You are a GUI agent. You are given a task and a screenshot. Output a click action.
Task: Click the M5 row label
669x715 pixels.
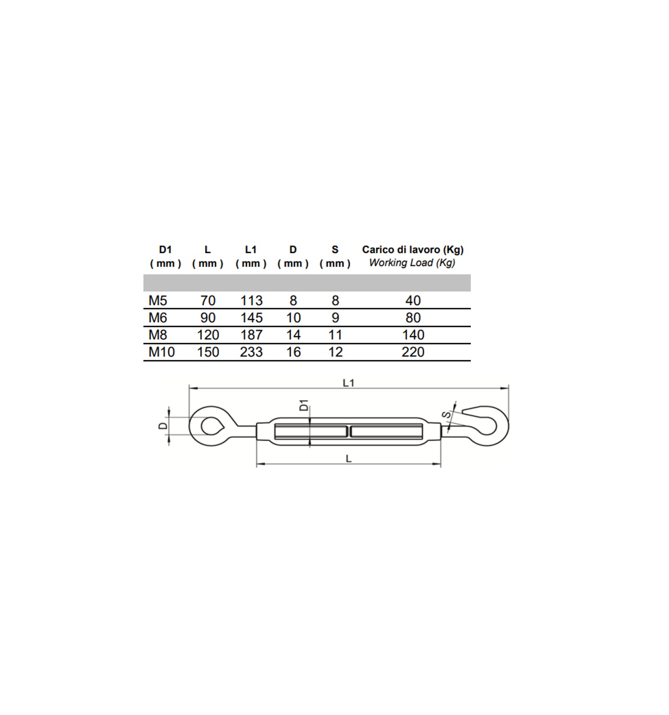pos(158,300)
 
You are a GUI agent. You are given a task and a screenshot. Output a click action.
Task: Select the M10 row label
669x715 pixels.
pos(161,352)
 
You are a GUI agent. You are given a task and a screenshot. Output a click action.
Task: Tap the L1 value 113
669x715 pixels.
pos(251,300)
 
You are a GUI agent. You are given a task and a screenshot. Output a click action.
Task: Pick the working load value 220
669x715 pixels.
pos(413,352)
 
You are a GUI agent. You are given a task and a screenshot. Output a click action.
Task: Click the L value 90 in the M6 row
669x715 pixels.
pos(208,317)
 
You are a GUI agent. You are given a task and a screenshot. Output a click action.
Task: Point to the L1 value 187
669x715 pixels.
pos(251,335)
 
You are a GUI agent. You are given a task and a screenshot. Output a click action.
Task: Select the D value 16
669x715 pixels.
pos(293,352)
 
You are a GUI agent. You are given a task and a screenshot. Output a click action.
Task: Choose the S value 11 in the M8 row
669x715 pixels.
pos(335,335)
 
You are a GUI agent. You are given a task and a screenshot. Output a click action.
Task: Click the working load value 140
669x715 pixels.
pos(413,335)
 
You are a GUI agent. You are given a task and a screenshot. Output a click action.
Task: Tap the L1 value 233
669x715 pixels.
pos(251,352)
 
